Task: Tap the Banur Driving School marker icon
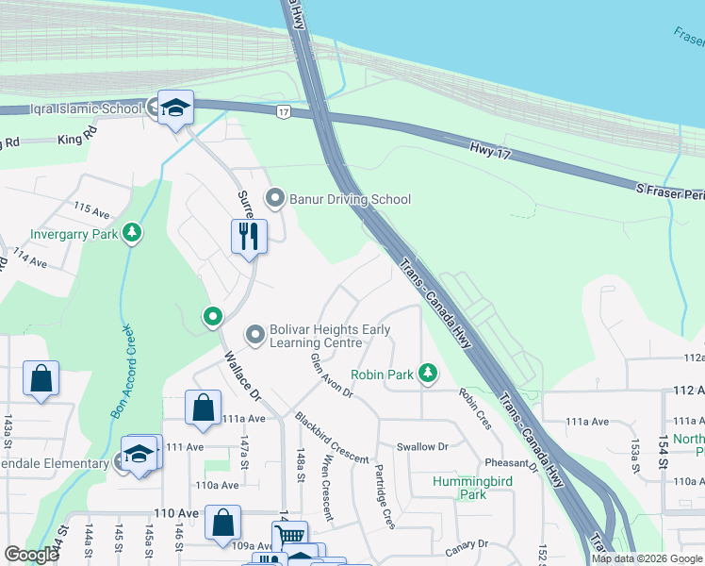point(275,198)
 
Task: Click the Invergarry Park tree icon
point(133,232)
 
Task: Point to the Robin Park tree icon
point(428,374)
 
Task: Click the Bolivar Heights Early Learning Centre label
point(330,336)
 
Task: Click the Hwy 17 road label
point(491,151)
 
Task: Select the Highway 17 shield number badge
point(283,112)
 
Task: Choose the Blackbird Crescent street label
point(331,437)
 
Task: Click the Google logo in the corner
point(31,555)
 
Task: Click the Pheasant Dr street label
point(510,464)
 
